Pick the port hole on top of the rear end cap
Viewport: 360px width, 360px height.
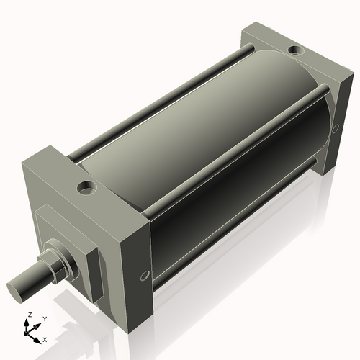click(295, 50)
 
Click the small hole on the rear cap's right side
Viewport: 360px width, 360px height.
click(335, 129)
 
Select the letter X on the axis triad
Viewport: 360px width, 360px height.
click(45, 338)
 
